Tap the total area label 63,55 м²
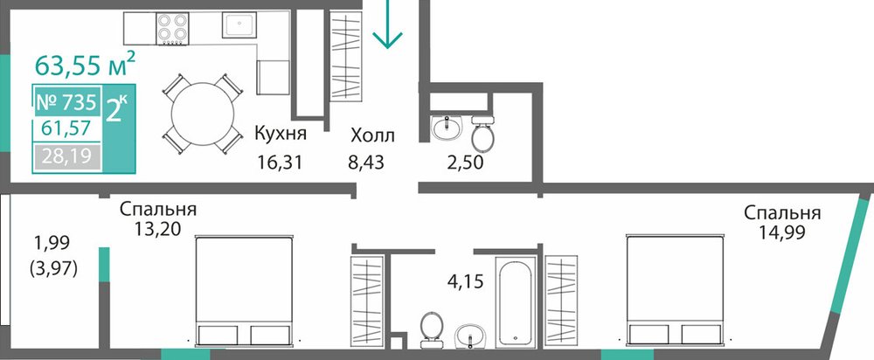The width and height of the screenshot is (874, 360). point(85,64)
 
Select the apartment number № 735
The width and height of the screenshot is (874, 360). point(67,103)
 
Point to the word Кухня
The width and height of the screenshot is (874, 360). point(281,134)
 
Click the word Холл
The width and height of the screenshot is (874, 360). point(373,135)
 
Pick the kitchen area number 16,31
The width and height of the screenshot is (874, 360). point(280,163)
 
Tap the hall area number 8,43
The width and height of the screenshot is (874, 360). point(367,163)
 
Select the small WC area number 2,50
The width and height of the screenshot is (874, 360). point(464,163)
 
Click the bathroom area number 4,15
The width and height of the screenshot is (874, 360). point(466,280)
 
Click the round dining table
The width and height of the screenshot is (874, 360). point(203,114)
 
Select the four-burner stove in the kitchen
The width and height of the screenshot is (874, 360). point(171,29)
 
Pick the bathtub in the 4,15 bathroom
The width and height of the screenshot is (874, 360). point(516,301)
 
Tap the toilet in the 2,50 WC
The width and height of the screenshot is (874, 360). point(482,132)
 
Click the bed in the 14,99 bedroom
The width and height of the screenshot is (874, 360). point(675,290)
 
